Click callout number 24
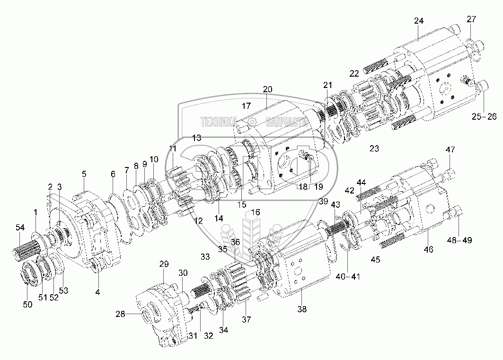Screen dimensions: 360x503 (419, 21)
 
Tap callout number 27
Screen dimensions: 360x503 (471, 19)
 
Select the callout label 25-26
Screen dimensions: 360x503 (484, 116)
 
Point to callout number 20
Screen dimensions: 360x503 (268, 89)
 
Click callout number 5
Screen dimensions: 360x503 (84, 174)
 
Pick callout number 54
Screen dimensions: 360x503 (19, 228)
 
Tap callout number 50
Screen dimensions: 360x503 (28, 305)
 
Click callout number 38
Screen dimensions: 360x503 (302, 310)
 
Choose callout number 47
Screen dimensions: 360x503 (450, 150)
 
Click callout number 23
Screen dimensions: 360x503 (374, 149)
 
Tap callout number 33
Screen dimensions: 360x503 (204, 257)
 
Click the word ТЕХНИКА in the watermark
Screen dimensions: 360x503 (219, 123)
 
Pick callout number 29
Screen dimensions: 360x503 (164, 263)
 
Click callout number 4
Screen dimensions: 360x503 (97, 292)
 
